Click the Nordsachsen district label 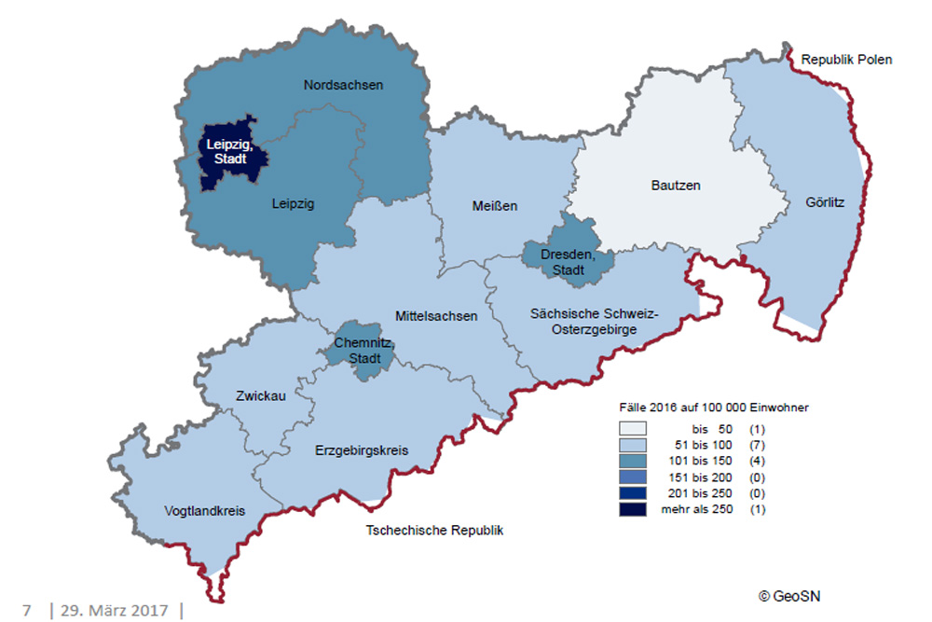pyautogui.click(x=343, y=85)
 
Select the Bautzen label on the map pyautogui.click(x=675, y=186)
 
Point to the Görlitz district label pyautogui.click(x=825, y=201)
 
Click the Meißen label pyautogui.click(x=493, y=205)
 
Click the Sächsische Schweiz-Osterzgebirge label pyautogui.click(x=594, y=320)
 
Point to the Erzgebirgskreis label pyautogui.click(x=363, y=450)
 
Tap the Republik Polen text pyautogui.click(x=847, y=60)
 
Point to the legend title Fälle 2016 pyautogui.click(x=714, y=408)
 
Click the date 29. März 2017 pyautogui.click(x=115, y=610)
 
